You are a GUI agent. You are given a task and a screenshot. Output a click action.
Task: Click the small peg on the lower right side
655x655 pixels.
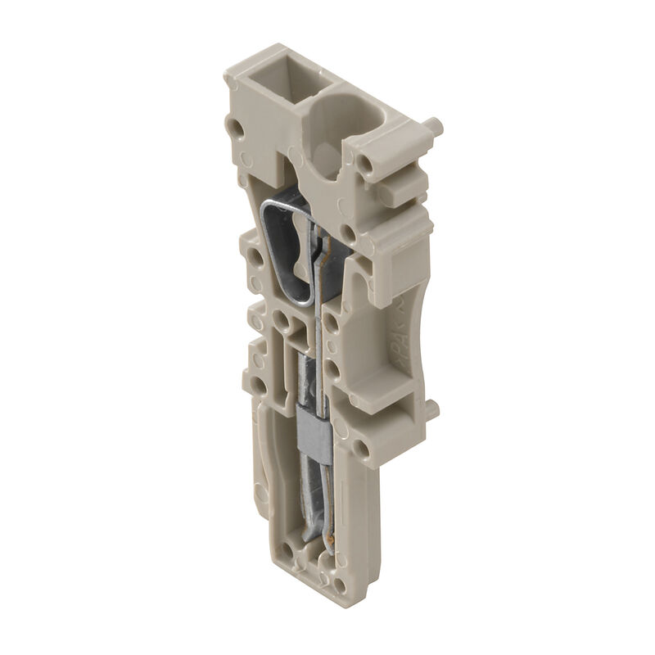click(x=431, y=407)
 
